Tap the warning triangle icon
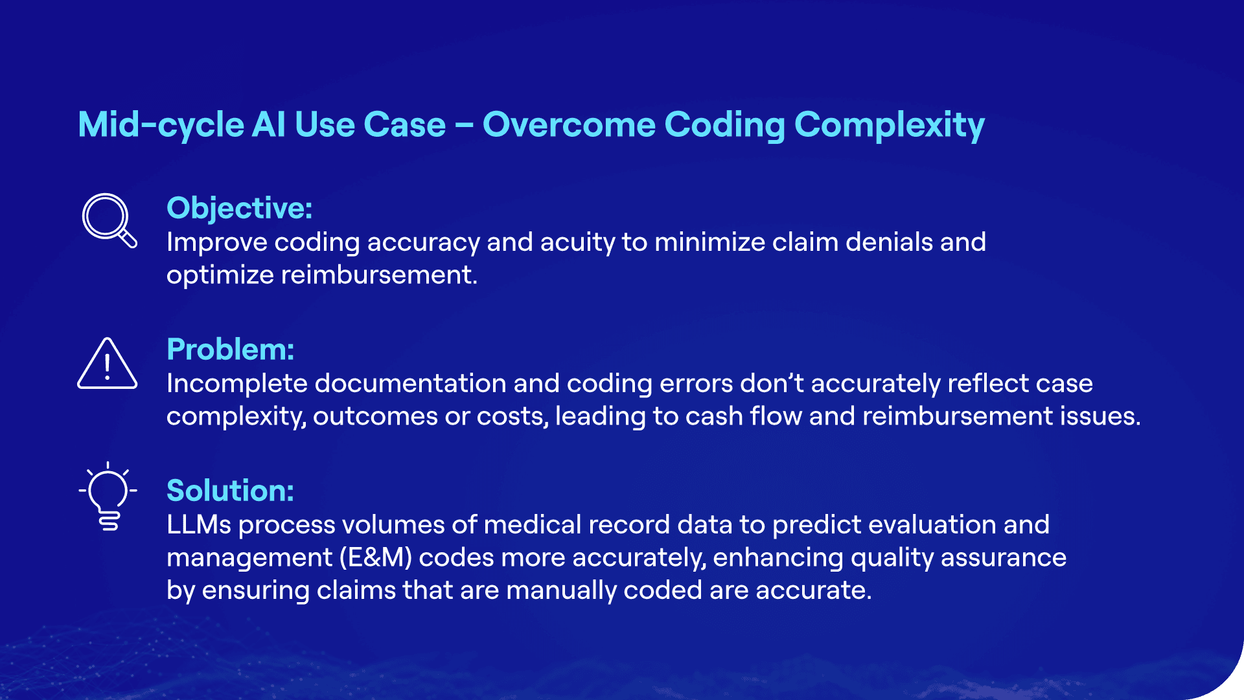[x=107, y=364]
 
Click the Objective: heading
[x=239, y=208]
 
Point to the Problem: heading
[x=230, y=349]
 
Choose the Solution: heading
[x=230, y=491]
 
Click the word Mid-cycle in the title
[x=160, y=124]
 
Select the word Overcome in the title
[x=568, y=124]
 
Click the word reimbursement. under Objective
[x=378, y=275]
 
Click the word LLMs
[x=198, y=525]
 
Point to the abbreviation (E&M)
[x=376, y=558]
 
